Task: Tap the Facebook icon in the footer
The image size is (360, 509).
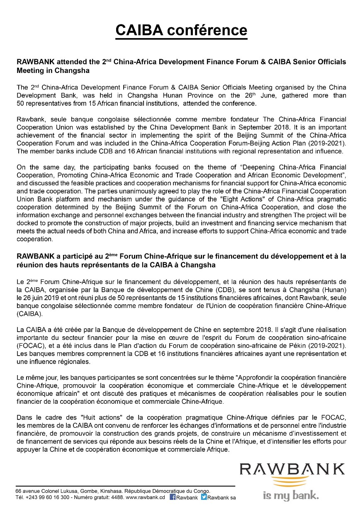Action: coord(173,497)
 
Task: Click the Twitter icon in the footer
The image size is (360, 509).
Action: coord(204,497)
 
